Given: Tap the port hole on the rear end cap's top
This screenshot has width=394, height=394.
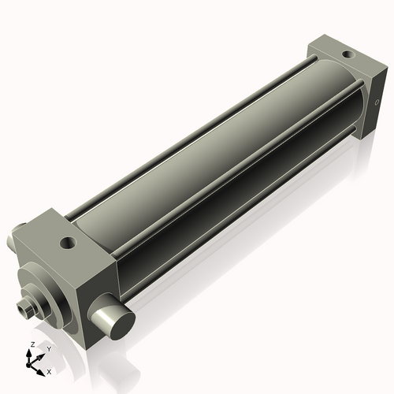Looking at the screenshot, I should pos(347,54).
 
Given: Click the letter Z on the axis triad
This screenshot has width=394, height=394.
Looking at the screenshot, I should pos(31,345).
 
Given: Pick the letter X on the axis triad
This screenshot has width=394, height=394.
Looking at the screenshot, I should pos(50,370).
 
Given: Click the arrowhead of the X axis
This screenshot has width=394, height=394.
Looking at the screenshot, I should pos(43,368).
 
